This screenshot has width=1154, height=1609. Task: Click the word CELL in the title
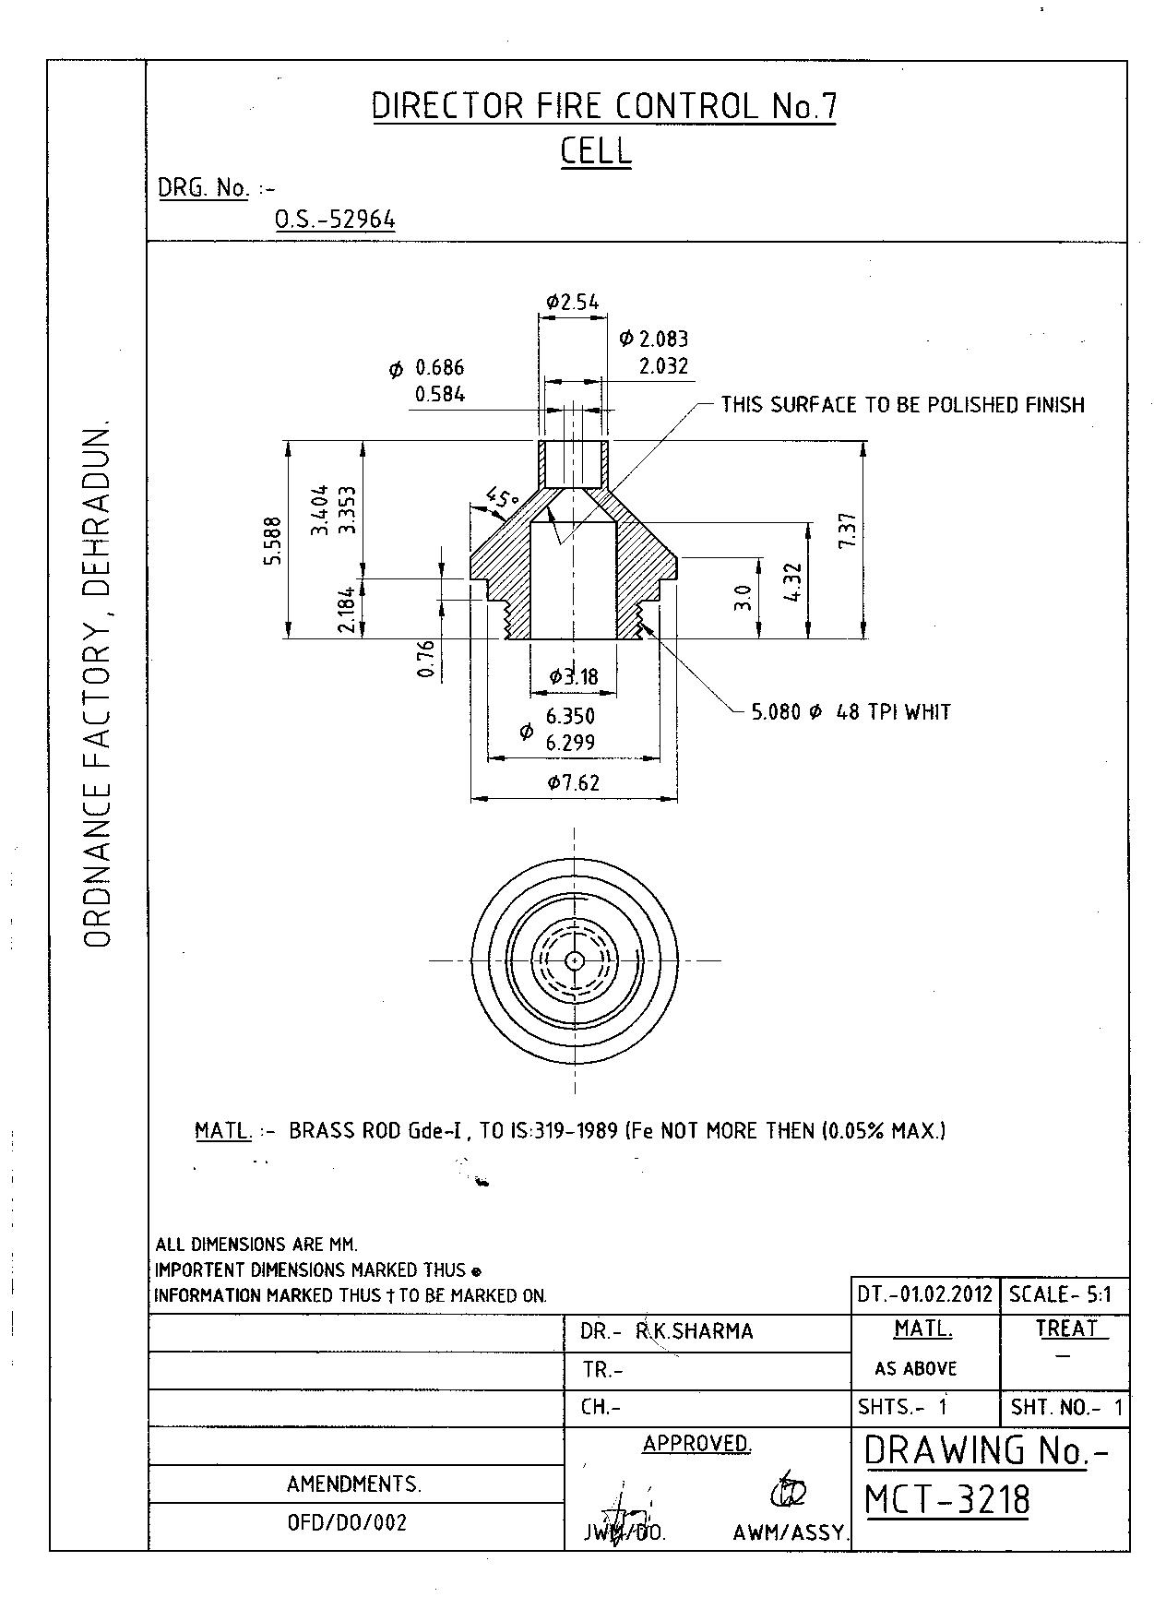point(596,150)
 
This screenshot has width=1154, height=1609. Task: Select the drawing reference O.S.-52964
point(335,220)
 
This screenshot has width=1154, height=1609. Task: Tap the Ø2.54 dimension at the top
point(572,302)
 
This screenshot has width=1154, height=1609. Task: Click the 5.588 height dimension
point(273,540)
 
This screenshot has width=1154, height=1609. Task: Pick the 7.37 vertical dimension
point(849,530)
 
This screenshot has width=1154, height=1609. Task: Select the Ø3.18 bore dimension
point(573,677)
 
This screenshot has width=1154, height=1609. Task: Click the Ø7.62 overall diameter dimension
point(573,783)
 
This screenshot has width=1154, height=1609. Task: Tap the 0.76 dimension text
point(425,659)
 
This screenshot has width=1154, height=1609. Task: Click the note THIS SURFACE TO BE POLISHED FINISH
point(902,405)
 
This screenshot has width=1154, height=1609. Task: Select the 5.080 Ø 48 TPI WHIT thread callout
point(851,712)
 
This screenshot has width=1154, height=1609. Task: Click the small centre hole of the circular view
point(574,960)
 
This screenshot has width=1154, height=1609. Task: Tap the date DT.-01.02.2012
point(924,1293)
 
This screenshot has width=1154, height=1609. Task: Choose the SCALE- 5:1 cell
point(1061,1293)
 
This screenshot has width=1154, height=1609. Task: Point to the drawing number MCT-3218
point(947,1500)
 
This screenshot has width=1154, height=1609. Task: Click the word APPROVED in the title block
point(696,1444)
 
